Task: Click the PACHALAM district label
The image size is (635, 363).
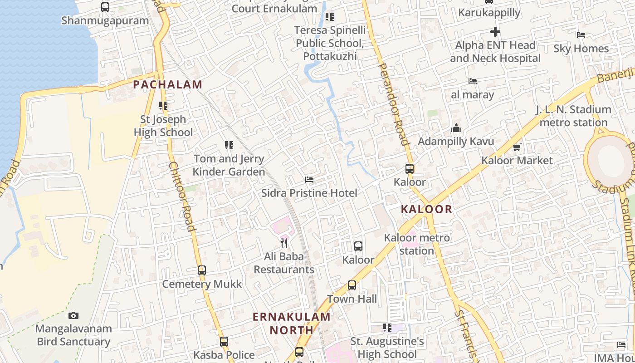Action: [167, 84]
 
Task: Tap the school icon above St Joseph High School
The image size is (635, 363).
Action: [163, 106]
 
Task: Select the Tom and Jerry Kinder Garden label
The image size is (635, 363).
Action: [229, 165]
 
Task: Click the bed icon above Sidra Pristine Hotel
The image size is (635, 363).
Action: [309, 180]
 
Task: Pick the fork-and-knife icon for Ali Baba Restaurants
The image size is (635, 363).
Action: [284, 243]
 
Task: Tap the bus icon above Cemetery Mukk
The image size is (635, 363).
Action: [202, 270]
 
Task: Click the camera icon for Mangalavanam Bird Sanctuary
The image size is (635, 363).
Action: [73, 315]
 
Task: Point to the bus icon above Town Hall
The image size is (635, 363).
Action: [352, 285]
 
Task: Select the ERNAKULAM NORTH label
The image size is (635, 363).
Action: [292, 323]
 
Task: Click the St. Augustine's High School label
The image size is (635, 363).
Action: [387, 348]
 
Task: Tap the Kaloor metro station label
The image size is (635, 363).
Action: [417, 244]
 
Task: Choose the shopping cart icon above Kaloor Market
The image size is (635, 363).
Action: [517, 147]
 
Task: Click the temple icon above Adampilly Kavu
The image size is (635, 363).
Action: [456, 128]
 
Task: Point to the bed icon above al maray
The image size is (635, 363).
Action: [473, 82]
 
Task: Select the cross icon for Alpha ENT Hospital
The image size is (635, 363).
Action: [495, 32]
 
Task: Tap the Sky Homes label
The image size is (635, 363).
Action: [581, 49]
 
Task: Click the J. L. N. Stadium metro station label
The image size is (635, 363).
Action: [573, 116]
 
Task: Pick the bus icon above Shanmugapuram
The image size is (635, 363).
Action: [105, 7]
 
